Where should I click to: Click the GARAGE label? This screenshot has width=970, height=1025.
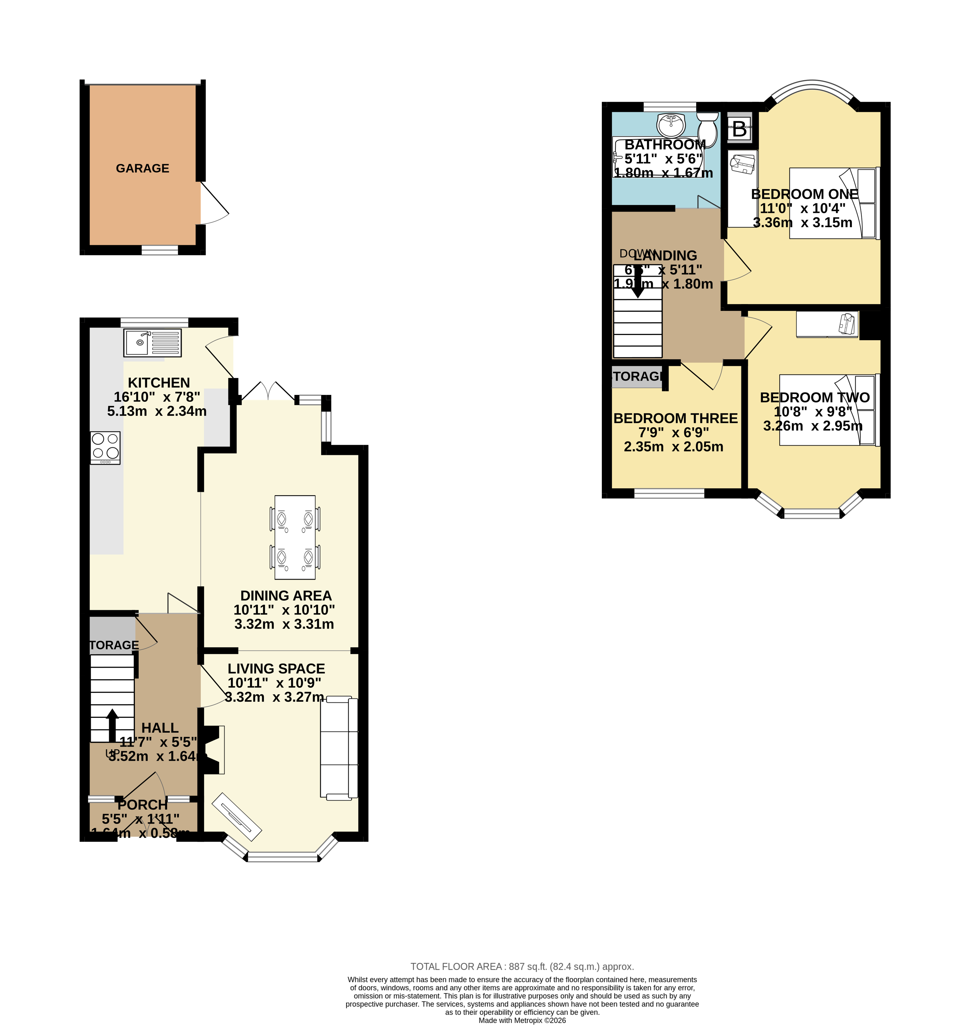coord(142,168)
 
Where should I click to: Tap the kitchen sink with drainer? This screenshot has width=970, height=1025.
coord(153,342)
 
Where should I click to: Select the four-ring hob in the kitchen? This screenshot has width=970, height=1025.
coord(105,448)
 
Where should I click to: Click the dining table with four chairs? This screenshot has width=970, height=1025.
coord(295,537)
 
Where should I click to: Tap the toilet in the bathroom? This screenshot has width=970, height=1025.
coord(708,129)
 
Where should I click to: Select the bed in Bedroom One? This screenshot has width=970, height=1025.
coord(833,203)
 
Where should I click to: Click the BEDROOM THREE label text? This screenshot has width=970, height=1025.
coord(675,418)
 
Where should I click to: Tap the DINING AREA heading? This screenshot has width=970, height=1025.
coord(286,595)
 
